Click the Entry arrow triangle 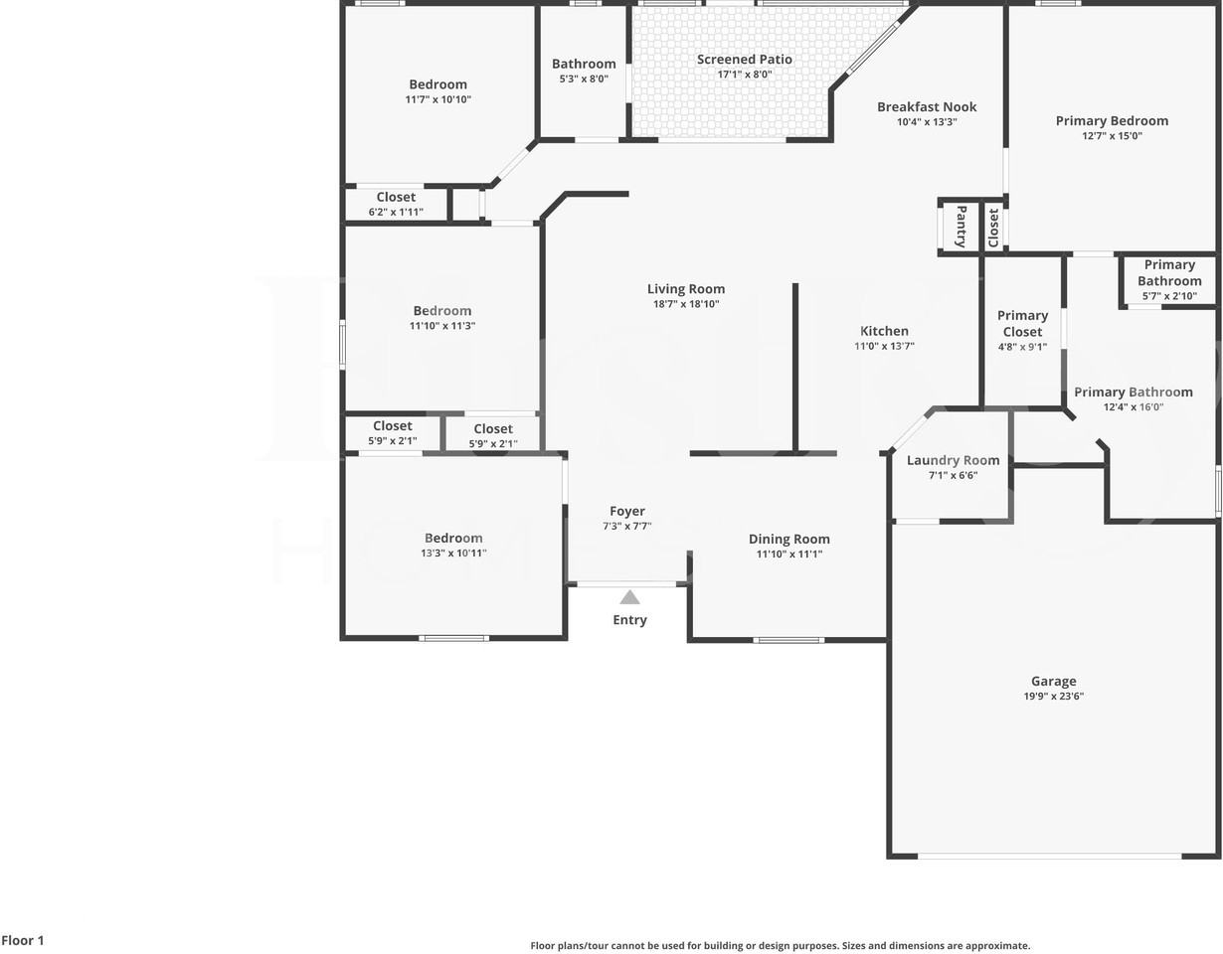(629, 597)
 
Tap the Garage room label (1053, 681)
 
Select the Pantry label (961, 227)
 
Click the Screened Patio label (744, 60)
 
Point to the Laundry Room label (953, 460)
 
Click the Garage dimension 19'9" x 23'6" (1053, 697)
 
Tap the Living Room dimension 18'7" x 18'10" (686, 304)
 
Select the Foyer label (627, 511)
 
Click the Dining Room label (788, 539)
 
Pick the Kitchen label (884, 331)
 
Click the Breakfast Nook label (927, 106)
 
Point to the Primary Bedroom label (1112, 120)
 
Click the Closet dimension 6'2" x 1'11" (396, 212)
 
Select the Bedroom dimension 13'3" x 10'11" (453, 554)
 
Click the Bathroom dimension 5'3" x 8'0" (584, 79)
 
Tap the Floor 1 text (23, 940)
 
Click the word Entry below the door (629, 620)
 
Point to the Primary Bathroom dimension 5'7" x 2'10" (1169, 296)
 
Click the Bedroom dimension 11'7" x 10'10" (437, 99)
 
